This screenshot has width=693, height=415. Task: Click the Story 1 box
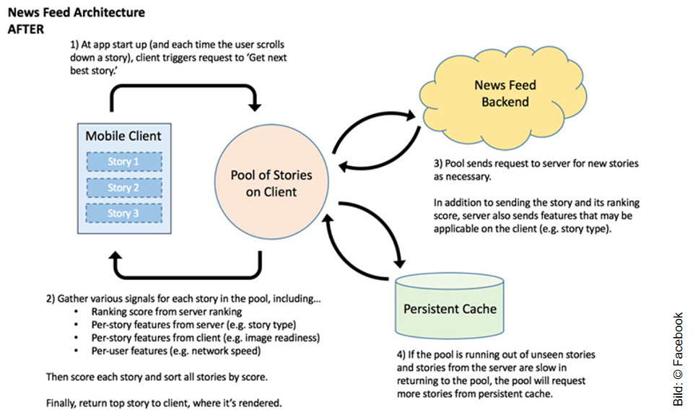pyautogui.click(x=124, y=162)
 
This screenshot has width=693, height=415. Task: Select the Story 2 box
pyautogui.click(x=124, y=188)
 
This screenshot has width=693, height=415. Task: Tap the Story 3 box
pyautogui.click(x=124, y=214)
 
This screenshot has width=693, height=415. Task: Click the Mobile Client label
pyautogui.click(x=123, y=136)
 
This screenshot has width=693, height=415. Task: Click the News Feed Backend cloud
pyautogui.click(x=505, y=94)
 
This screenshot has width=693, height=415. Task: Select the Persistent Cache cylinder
pyautogui.click(x=449, y=309)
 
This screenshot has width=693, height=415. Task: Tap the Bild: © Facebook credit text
pyautogui.click(x=678, y=359)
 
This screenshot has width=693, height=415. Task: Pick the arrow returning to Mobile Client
pyautogui.click(x=184, y=276)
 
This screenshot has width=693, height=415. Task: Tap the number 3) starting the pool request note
pyautogui.click(x=438, y=164)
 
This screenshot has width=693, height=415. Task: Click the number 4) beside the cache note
pyautogui.click(x=403, y=356)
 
